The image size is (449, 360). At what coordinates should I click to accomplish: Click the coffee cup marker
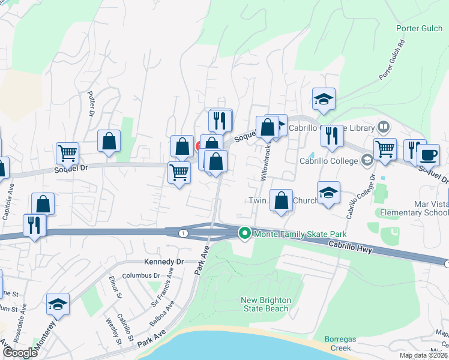click(428, 155)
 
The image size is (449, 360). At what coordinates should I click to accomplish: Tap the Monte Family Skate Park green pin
click(244, 233)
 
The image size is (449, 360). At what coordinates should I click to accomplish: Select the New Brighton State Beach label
click(266, 304)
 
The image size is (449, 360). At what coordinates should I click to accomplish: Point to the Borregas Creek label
click(340, 343)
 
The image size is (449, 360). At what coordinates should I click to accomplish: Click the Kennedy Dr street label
click(163, 262)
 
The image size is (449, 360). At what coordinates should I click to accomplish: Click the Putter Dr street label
click(92, 104)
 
